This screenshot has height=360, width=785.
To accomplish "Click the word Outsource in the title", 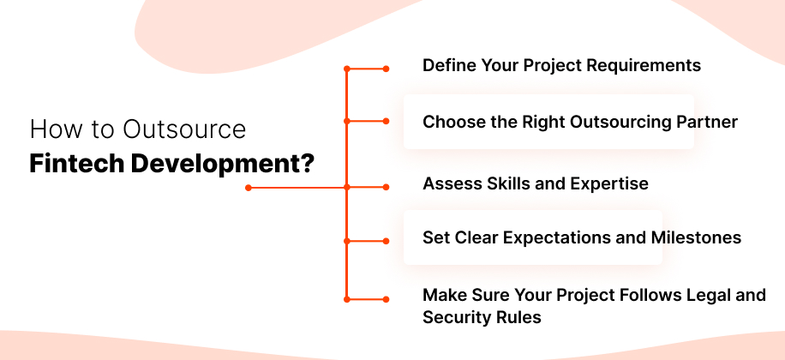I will [184, 130].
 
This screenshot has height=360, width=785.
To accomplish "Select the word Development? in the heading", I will [222, 163].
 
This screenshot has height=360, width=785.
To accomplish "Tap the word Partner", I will [705, 122].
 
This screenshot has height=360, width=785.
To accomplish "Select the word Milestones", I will [695, 237].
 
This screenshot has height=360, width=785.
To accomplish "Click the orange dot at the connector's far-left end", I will [248, 187].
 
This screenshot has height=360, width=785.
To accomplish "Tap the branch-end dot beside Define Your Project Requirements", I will [386, 68].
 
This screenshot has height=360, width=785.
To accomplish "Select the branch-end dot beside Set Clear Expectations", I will [386, 241].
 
